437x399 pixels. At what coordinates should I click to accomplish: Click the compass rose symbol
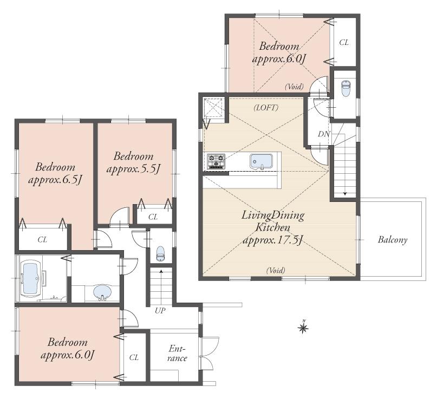(303, 326)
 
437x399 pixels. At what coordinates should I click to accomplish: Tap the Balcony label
(393, 239)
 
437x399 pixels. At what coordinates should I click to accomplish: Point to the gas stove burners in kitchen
(216, 161)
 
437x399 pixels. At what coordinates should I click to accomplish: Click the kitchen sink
(261, 161)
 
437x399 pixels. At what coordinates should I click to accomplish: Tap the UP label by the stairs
(160, 311)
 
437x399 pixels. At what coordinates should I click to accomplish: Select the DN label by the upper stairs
(323, 134)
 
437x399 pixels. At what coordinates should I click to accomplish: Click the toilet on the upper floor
(345, 86)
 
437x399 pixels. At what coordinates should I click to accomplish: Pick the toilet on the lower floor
(160, 252)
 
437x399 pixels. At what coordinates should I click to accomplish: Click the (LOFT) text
(266, 108)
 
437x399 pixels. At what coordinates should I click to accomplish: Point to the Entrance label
(177, 354)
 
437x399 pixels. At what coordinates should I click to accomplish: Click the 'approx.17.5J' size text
(272, 239)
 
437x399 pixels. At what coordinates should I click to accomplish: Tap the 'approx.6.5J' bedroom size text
(55, 179)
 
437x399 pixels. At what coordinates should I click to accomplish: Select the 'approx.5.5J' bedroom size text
(133, 169)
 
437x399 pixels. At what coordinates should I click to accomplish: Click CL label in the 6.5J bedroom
(42, 239)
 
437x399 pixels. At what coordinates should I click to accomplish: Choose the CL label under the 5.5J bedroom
(153, 217)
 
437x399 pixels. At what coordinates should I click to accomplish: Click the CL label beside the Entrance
(134, 357)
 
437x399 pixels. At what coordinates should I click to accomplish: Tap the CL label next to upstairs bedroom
(344, 42)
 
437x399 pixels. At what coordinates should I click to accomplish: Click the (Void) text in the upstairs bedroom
(295, 87)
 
